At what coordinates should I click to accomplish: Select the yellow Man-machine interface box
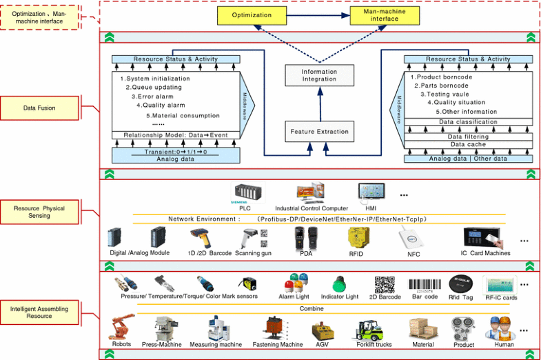point(384,15)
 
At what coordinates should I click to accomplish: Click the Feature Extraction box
point(318,131)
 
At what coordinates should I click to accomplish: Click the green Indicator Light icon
point(338,283)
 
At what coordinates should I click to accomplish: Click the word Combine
point(312,308)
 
